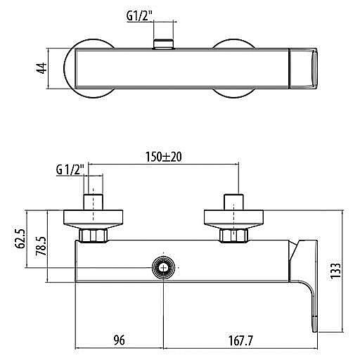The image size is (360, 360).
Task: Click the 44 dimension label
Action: pos(42,68)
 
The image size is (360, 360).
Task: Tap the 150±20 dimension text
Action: pos(164,157)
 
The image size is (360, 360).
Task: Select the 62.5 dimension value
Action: pos(20,238)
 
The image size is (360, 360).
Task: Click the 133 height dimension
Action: pos(335,271)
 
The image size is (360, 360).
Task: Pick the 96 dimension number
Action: pos(119,340)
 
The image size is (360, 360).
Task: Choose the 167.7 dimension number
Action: pos(240,340)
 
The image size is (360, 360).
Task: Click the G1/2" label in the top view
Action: pos(139,16)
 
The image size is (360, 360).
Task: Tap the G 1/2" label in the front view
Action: pos(70,170)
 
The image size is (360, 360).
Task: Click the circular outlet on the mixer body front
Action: pos(163,267)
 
